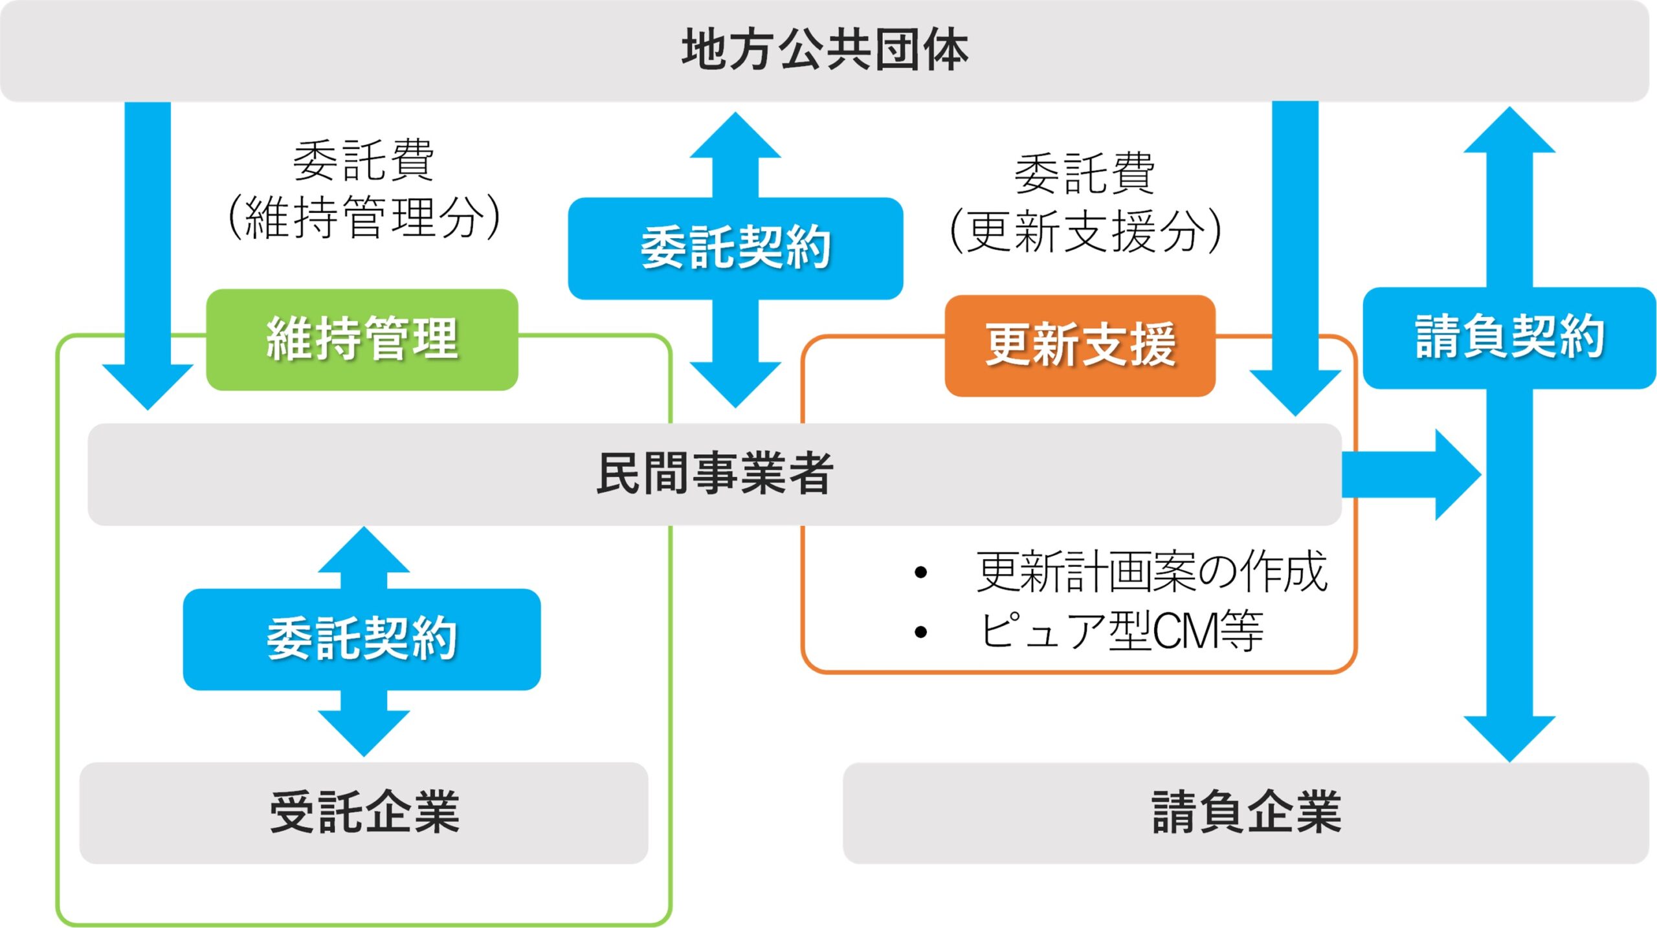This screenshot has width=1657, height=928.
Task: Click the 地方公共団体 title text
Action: coord(825,49)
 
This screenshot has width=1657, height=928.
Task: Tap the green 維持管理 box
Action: coord(362,340)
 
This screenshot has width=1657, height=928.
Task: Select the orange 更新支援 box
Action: coord(1080,346)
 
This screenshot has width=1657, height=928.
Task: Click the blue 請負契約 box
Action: coord(1509,338)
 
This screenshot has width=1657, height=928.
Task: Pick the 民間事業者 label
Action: coord(715,474)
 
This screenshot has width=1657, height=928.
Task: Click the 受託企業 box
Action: coord(364,813)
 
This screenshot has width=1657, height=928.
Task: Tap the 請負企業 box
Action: coord(1246,813)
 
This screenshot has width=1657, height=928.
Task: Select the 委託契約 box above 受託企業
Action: coord(362,639)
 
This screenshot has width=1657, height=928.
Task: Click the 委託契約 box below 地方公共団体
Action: coord(735,249)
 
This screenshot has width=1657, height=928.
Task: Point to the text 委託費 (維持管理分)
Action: coord(364,189)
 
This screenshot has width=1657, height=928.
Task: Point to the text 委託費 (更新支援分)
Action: coord(1085,203)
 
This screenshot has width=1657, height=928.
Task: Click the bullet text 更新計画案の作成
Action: coord(1151,572)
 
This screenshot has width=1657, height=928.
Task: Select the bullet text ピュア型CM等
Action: coord(1120,631)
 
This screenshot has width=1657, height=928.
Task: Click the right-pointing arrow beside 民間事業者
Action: coord(1411,474)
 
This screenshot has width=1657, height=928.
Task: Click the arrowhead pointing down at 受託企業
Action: coord(364,734)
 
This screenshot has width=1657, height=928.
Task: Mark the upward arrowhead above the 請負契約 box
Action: coord(1509,130)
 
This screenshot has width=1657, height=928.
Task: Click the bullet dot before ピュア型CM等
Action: coord(920,632)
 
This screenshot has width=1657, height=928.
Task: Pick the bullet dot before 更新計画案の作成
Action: coord(920,572)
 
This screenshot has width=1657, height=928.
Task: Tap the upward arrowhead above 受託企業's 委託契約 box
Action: coord(364,549)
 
